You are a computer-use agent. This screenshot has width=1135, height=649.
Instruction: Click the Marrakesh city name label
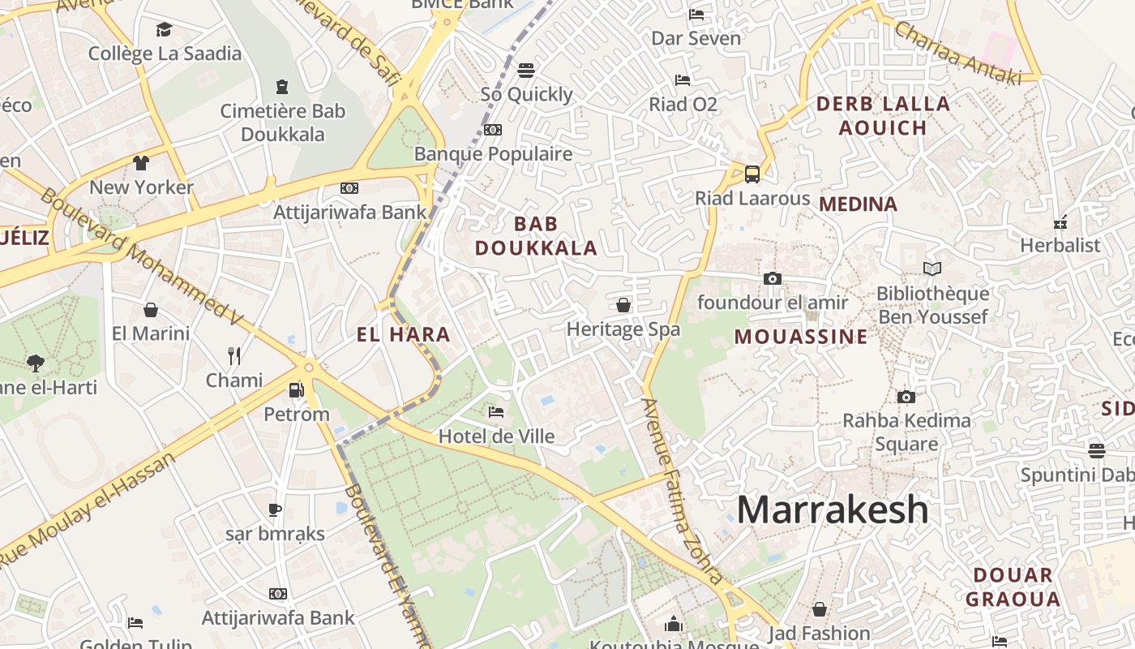coord(833,509)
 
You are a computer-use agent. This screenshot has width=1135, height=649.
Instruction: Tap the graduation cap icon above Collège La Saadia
coord(165,30)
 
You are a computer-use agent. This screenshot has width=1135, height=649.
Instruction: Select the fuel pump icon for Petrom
coord(297,390)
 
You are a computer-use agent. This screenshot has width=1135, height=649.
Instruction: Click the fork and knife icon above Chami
coord(234,355)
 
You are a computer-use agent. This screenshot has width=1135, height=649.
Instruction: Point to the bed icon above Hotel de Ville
coord(496,412)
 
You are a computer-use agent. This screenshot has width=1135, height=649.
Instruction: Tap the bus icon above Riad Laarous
coord(752,174)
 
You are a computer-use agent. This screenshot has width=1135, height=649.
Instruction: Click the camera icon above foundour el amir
coord(772,278)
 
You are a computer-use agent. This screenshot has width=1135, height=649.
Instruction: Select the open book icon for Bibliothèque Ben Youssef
coord(932,269)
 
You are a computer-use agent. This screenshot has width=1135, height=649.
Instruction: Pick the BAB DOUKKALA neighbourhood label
coord(536,236)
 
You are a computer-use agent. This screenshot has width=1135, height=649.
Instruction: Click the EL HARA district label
coord(403,334)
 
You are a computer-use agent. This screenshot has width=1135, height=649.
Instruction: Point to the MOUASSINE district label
coord(800,337)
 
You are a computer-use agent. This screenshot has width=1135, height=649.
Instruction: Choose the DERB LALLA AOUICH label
coord(883,115)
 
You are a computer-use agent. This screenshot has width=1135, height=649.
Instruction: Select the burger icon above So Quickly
coord(526,70)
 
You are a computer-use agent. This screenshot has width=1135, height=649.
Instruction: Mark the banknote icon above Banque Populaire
coord(493,130)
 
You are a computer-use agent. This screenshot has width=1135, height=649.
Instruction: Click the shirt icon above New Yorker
coord(141,163)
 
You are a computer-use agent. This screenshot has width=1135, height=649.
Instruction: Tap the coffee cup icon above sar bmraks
coord(275,509)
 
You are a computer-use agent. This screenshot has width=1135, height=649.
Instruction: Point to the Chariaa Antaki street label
coord(957,50)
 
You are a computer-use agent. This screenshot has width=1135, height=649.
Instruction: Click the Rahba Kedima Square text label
coord(906,432)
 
